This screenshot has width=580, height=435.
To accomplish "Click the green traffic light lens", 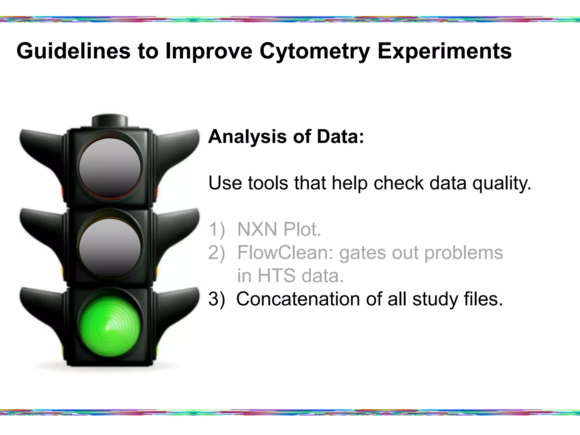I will click(110, 326).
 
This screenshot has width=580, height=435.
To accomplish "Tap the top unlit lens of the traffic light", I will click(110, 168).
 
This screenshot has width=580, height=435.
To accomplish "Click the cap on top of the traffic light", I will click(110, 121).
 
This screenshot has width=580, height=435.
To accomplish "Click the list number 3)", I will click(217, 299).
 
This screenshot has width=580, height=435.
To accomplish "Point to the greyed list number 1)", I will click(217, 229).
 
